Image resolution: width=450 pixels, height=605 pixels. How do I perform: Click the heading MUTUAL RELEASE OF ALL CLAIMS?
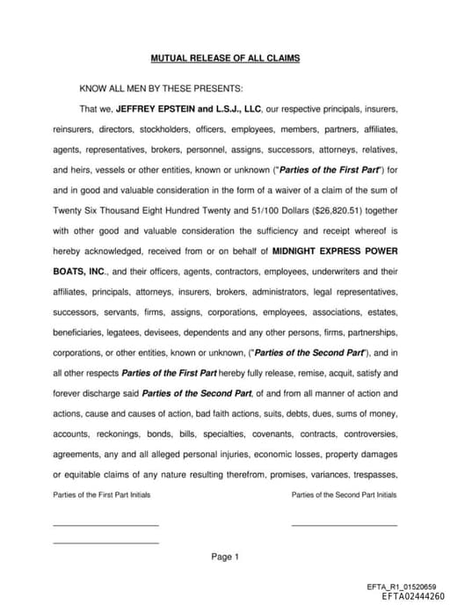[225, 58]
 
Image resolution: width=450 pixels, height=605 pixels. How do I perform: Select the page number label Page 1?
[225, 557]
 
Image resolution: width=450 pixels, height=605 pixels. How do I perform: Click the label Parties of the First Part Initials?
[101, 495]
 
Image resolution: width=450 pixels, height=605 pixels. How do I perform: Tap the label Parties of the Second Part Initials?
[344, 495]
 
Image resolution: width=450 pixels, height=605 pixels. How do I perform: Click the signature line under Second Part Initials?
[344, 525]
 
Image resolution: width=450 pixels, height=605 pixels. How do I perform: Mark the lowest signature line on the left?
[105, 543]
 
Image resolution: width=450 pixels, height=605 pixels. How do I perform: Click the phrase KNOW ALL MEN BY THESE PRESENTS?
[162, 88]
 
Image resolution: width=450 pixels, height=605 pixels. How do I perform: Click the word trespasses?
[372, 473]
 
